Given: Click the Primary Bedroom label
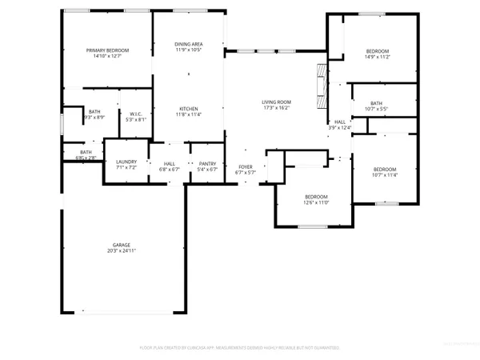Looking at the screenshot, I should pos(108,50).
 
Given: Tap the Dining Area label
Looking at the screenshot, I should pos(189,44).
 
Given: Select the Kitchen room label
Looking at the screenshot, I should pos(189,109).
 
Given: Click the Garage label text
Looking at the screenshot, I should pos(122,245).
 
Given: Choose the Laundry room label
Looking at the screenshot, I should pos(126,163).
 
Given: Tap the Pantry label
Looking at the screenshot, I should pos(208,163).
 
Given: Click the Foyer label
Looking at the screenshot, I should pos(245,166).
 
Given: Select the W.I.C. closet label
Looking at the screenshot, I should pos(135,114).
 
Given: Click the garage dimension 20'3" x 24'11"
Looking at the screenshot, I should pos(122,251).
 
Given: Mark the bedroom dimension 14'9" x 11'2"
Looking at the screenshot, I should pos(378,55).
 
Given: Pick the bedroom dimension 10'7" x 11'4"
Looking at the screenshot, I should pos(385,176).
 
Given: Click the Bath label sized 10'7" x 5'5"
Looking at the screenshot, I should pos(377,103).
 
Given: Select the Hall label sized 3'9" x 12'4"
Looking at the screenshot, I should pos(340,122).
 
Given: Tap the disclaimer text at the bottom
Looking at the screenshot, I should pos(240,348).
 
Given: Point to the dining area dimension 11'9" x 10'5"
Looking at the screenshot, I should pos(189,50).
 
